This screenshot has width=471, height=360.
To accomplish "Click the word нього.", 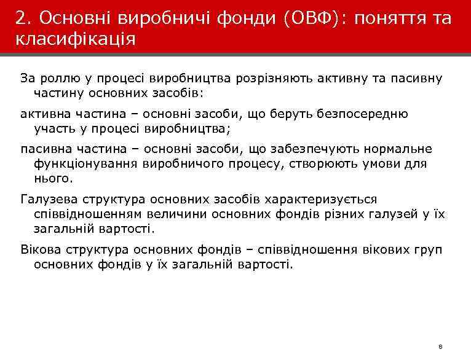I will click(53, 179).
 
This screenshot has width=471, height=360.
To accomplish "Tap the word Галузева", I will click(49, 200).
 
